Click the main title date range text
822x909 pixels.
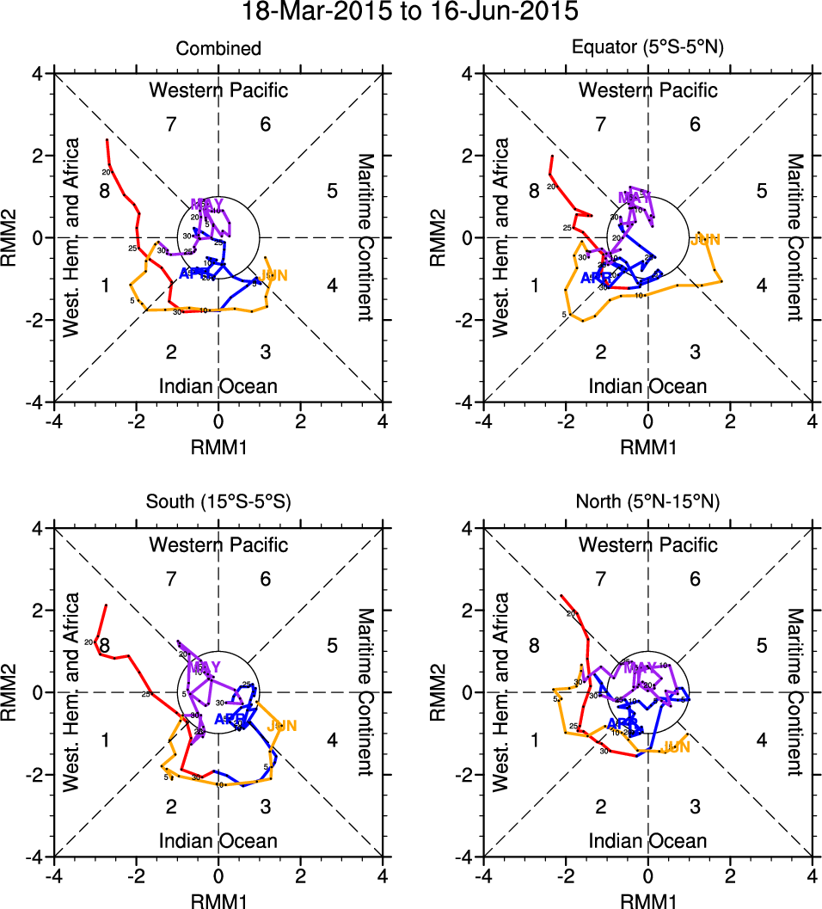(410, 12)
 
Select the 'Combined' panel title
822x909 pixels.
(218, 49)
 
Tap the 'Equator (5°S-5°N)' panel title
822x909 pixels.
(647, 49)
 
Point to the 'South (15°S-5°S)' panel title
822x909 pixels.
(218, 503)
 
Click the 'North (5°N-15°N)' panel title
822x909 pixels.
(647, 503)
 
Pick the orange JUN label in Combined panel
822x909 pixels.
(273, 275)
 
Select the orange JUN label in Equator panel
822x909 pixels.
(705, 239)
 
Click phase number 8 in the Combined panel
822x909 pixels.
(104, 190)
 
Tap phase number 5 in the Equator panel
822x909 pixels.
(762, 190)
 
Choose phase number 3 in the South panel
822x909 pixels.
(266, 806)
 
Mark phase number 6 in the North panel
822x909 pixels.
(695, 579)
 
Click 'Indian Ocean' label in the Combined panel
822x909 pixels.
(218, 385)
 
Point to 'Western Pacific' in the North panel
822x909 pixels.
(647, 544)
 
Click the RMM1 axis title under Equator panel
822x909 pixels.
(647, 446)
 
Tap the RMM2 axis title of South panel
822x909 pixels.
(16, 691)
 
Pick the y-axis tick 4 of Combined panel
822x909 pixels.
(40, 74)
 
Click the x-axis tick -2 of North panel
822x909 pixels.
(565, 875)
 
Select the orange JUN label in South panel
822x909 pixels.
(282, 726)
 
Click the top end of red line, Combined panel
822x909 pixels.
(107, 139)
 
